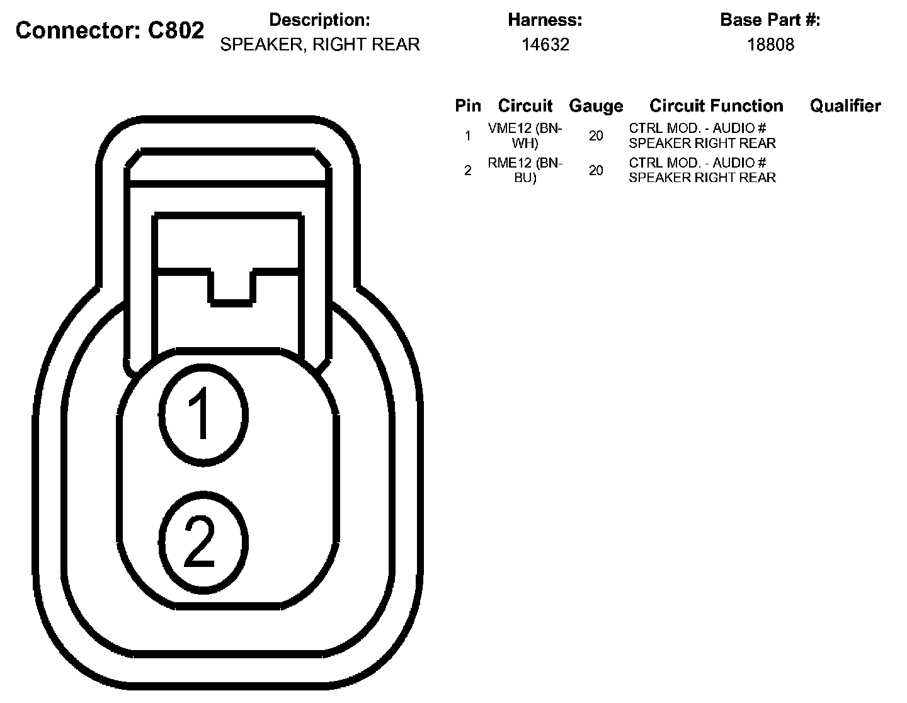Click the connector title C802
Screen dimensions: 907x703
110,30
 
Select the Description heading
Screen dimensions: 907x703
319,20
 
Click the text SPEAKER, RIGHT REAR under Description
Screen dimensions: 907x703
319,45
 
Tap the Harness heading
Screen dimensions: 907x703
545,20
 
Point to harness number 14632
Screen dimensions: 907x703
545,45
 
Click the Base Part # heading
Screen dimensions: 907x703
770,20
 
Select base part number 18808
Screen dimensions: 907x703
770,45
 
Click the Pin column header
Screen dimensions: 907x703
467,106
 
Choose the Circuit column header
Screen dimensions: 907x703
525,106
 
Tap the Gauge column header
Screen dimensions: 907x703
596,106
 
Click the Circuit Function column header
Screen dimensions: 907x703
716,106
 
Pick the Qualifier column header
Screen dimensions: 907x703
845,106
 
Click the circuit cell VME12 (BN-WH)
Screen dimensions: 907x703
525,135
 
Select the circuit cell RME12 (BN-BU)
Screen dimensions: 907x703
525,170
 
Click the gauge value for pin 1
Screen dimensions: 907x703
596,135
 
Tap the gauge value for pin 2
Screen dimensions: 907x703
596,170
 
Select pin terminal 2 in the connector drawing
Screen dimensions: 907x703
202,541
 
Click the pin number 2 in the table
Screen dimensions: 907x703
467,171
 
